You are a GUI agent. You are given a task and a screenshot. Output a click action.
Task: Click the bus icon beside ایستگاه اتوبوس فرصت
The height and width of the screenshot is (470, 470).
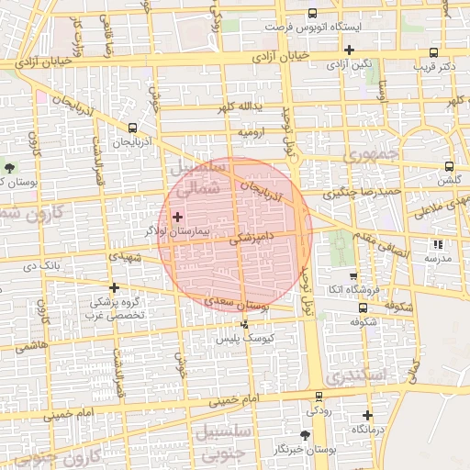tap(313, 14)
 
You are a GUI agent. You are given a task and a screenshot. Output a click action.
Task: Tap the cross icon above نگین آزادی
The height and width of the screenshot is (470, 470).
tap(349, 50)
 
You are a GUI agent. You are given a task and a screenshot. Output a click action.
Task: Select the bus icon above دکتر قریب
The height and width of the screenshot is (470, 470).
tap(433, 52)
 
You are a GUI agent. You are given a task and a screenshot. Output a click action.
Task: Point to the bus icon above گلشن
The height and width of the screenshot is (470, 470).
tap(448, 166)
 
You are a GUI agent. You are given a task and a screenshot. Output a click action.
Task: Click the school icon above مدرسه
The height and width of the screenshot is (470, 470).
tap(437, 244)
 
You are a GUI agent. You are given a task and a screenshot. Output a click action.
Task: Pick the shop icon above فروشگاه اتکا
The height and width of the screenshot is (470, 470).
tap(353, 275)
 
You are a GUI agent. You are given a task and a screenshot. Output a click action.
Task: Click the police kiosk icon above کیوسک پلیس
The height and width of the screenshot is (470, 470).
tap(244, 324)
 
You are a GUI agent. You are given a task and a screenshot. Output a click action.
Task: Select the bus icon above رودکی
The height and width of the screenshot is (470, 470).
tap(319, 397)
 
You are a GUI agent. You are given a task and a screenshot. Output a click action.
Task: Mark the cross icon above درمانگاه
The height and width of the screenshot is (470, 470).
tap(367, 415)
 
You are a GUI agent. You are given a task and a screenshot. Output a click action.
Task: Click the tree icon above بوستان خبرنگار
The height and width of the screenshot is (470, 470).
tap(305, 434)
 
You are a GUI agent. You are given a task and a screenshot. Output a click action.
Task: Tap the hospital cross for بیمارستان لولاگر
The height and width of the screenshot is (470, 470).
tap(177, 218)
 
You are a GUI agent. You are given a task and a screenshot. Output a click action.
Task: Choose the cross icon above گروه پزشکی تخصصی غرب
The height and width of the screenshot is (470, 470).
tap(114, 287)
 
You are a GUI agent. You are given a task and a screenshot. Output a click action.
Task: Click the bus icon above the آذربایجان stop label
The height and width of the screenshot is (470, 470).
tap(133, 129)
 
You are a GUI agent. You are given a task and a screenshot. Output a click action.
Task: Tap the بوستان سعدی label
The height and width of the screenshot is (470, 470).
tap(235, 302)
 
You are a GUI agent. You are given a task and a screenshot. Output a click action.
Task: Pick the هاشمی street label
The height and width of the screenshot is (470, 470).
tap(31, 345)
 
